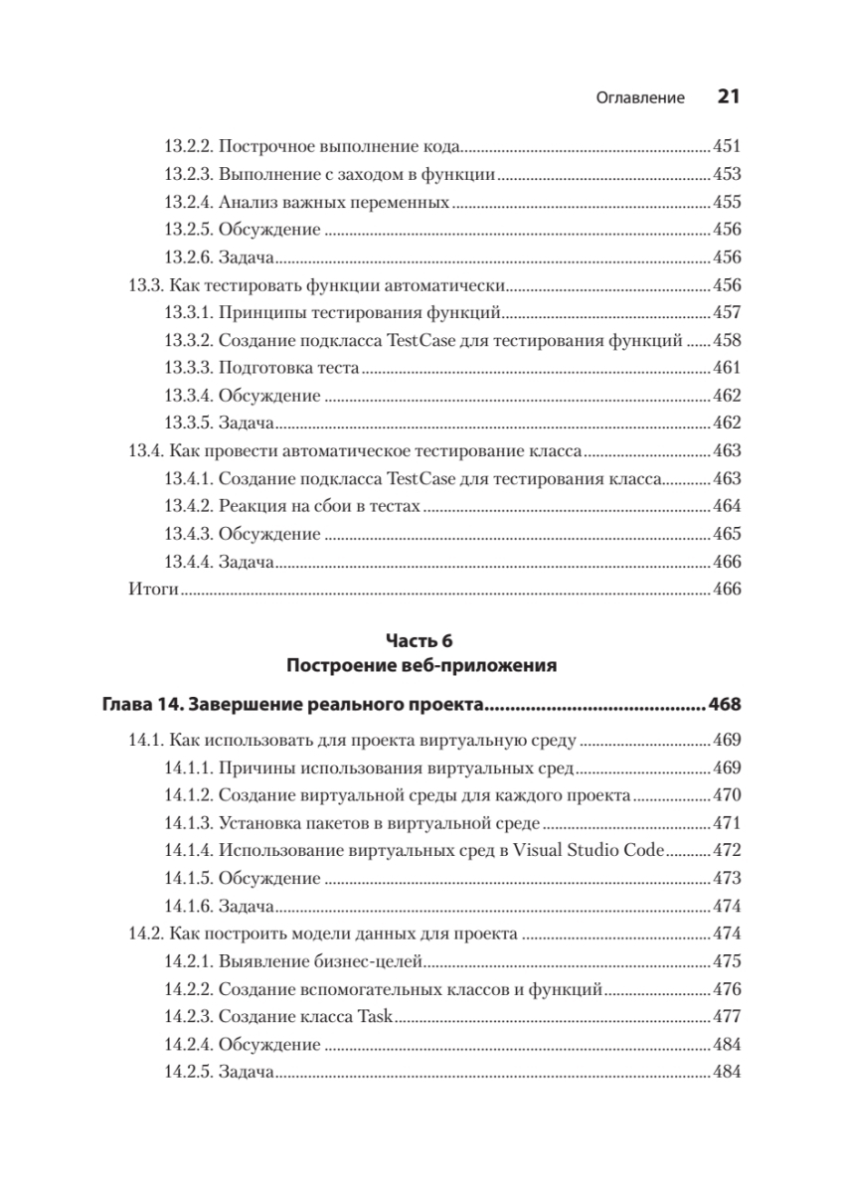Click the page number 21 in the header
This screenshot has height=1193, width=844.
pos(729,97)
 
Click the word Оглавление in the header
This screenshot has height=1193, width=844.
pos(640,98)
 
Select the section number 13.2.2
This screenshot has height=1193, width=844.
pos(187,147)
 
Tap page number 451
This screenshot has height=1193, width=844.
pos(728,147)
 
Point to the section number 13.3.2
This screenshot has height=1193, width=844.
pos(187,340)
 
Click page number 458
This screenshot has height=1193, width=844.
pos(728,340)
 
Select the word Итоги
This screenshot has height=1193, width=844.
pos(153,589)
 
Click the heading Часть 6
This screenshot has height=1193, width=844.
pos(422,641)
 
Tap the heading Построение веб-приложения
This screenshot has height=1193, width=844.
pos(422,664)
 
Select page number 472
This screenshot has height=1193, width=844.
pos(728,851)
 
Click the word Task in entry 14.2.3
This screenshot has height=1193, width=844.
pos(376,1017)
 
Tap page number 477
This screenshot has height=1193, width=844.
pos(728,1017)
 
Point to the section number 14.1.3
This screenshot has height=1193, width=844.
pos(187,823)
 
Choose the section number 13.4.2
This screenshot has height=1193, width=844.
pos(187,506)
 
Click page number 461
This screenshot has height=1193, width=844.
pos(728,368)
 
